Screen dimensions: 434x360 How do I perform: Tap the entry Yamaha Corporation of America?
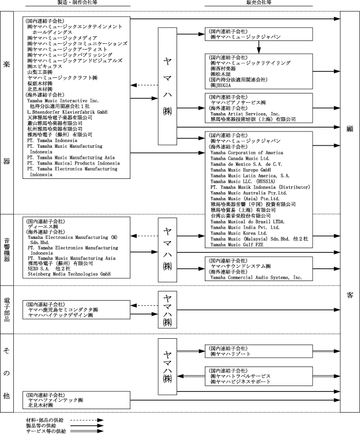[x=247, y=153]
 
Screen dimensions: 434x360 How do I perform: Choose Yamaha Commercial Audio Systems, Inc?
[x=256, y=278]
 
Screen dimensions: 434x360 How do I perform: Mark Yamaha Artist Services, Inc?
[x=247, y=114]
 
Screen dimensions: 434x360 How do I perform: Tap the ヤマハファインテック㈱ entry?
[x=55, y=399]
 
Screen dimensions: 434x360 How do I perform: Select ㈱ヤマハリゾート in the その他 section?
[x=230, y=353]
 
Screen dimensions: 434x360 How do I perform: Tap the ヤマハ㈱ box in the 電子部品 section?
[x=167, y=309]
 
